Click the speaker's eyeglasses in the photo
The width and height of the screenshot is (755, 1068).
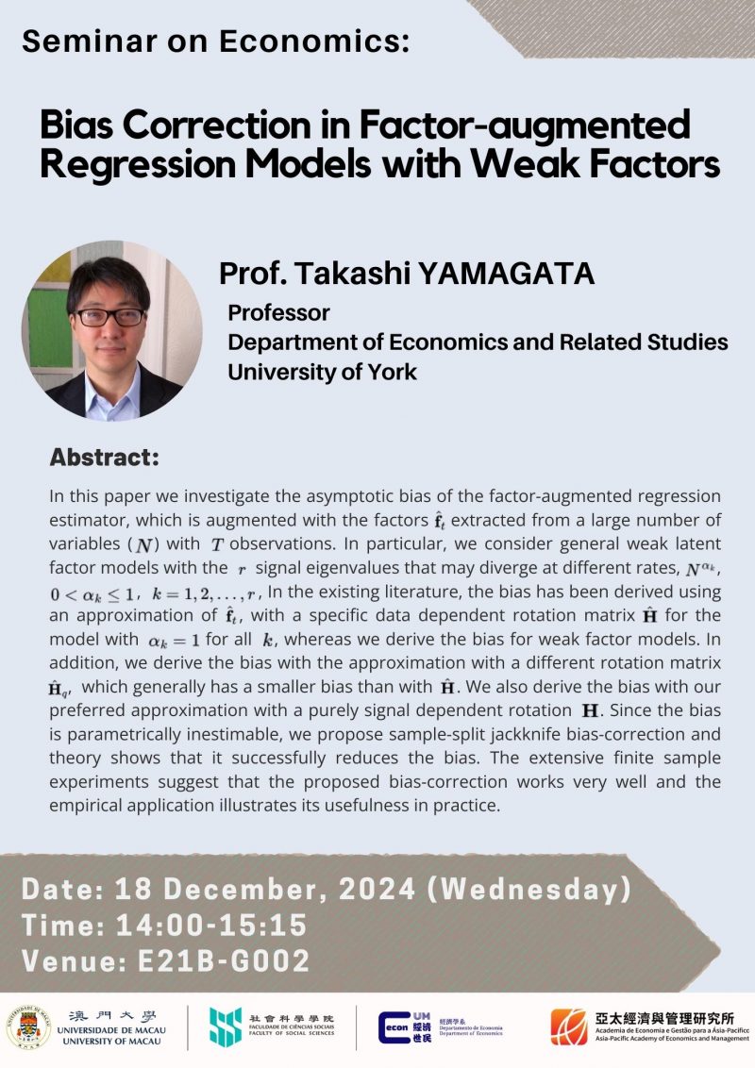point(110,316)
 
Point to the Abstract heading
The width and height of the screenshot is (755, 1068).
point(104,459)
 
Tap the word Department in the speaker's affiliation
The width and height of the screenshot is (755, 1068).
point(286,342)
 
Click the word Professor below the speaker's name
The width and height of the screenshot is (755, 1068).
point(279,312)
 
